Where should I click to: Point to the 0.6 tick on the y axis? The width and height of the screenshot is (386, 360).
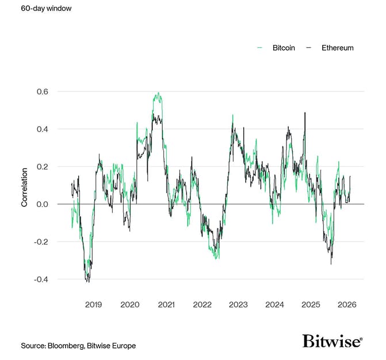[42, 91]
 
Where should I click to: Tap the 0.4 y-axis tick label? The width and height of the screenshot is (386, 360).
[42, 129]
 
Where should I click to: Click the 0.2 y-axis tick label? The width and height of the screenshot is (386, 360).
[42, 167]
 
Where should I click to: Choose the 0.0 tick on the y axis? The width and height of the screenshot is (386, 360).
[42, 204]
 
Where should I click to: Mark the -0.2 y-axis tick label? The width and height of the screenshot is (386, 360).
[41, 242]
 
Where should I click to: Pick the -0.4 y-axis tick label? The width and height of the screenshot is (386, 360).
[41, 279]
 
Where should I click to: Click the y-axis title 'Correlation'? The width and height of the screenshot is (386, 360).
[24, 187]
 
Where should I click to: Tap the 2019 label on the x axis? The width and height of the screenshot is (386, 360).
[93, 304]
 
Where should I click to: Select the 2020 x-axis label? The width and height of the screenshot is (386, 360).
[129, 304]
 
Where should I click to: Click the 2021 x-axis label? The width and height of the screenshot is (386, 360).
[166, 304]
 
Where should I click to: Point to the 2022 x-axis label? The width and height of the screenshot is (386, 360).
[202, 304]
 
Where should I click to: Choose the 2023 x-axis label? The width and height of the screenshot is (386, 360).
[238, 304]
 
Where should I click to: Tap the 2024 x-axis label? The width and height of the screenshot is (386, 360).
[274, 304]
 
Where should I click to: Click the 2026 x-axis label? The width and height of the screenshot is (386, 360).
[347, 304]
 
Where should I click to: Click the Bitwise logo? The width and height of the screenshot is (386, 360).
[332, 341]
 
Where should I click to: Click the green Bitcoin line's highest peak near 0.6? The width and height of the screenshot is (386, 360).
[158, 93]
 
